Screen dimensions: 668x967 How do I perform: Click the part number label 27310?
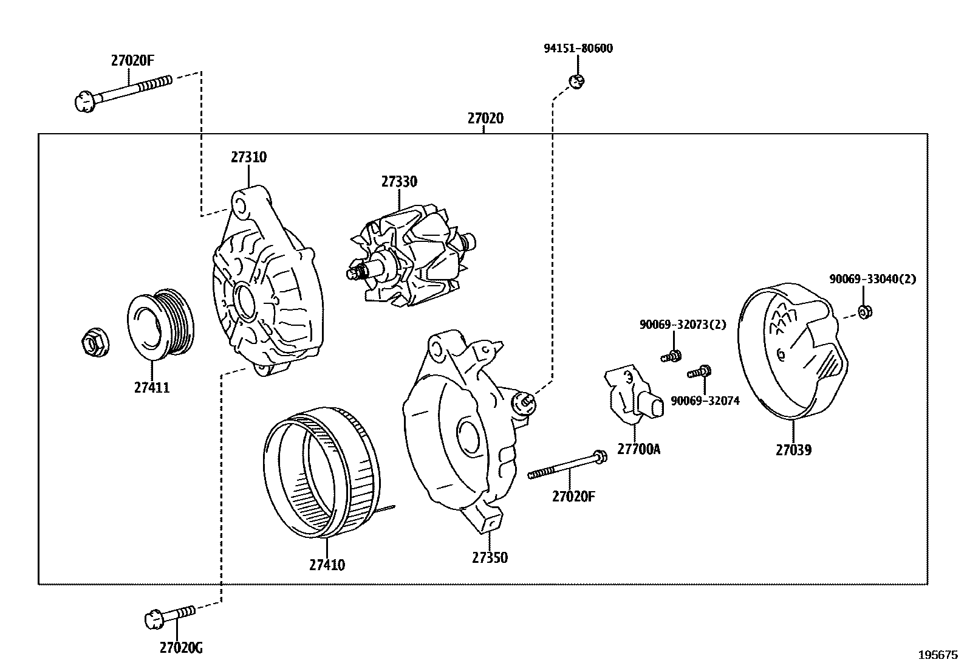click(248, 157)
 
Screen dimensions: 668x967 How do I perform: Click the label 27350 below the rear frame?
click(490, 557)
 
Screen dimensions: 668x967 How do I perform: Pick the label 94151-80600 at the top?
click(578, 49)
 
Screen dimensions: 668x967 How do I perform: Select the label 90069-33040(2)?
click(872, 279)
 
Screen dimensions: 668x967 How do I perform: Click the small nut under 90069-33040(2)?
click(865, 312)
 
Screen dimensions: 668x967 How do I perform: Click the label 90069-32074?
click(705, 401)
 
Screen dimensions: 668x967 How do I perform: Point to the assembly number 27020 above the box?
click(485, 119)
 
